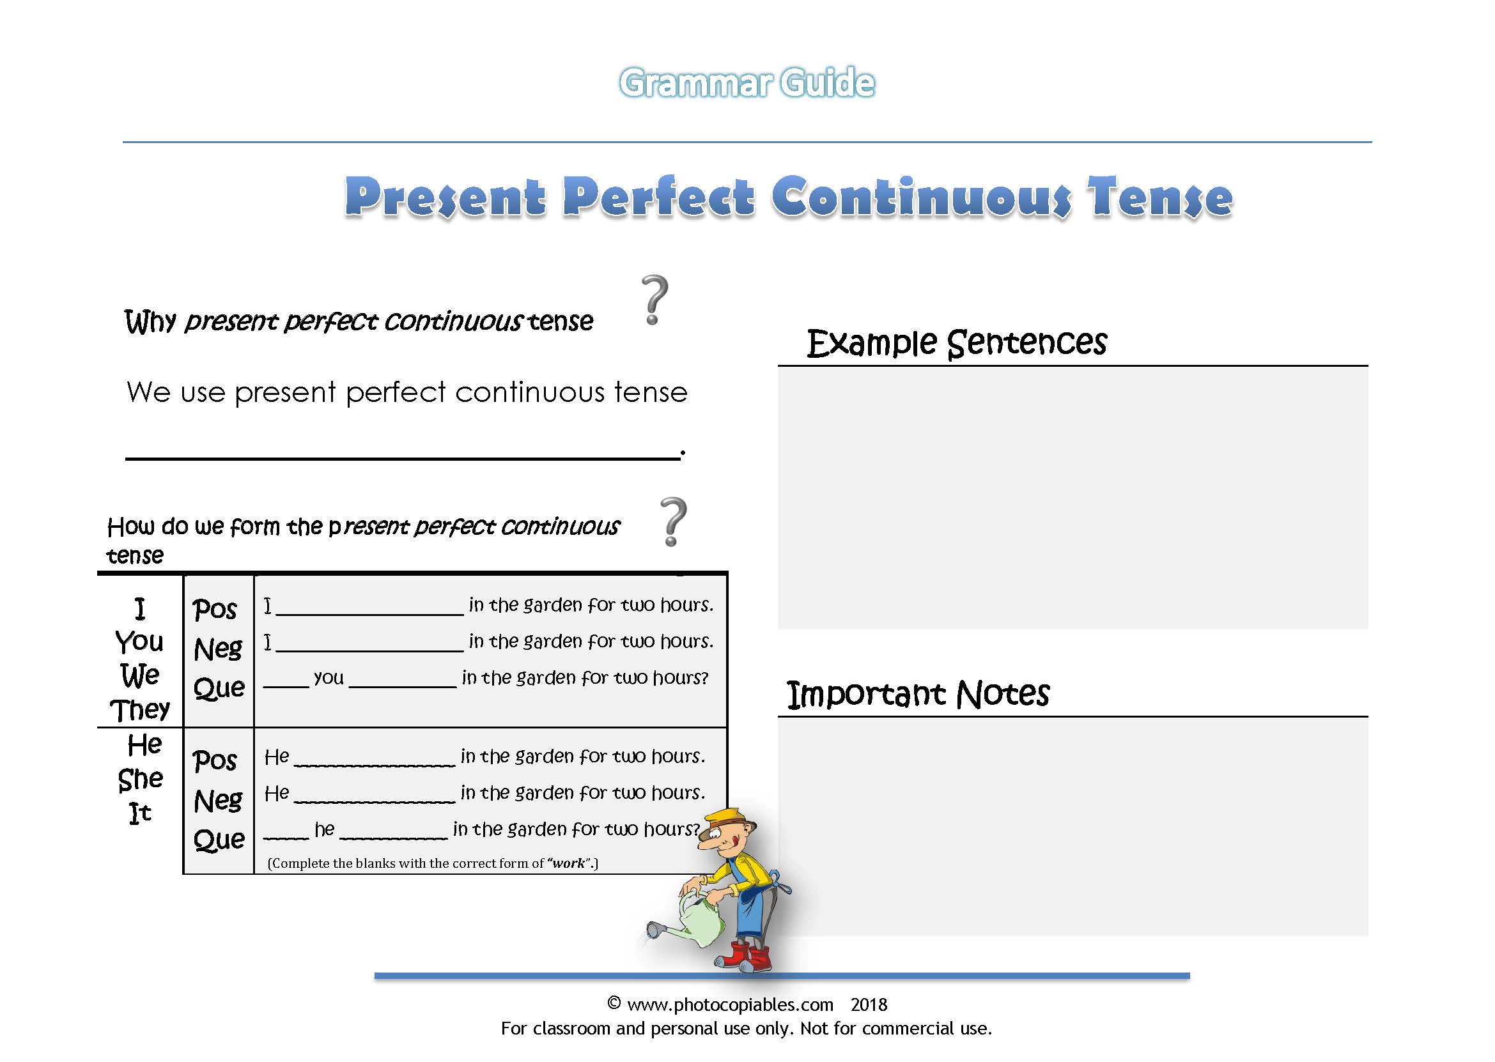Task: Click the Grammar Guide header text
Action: point(747,83)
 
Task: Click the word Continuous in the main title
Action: point(921,197)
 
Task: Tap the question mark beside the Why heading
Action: point(654,300)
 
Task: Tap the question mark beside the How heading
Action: point(673,522)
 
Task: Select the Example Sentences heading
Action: point(956,343)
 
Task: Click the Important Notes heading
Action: point(918,695)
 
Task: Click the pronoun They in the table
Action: point(140,710)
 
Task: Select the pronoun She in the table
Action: point(141,779)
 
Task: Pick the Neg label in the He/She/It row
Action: point(218,801)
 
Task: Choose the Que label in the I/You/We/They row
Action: point(219,688)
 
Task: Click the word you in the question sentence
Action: point(329,678)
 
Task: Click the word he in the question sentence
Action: point(324,830)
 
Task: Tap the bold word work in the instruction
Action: point(568,863)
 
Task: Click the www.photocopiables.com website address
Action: point(730,1004)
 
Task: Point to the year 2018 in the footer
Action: point(869,1004)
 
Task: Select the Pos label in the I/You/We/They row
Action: point(215,610)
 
